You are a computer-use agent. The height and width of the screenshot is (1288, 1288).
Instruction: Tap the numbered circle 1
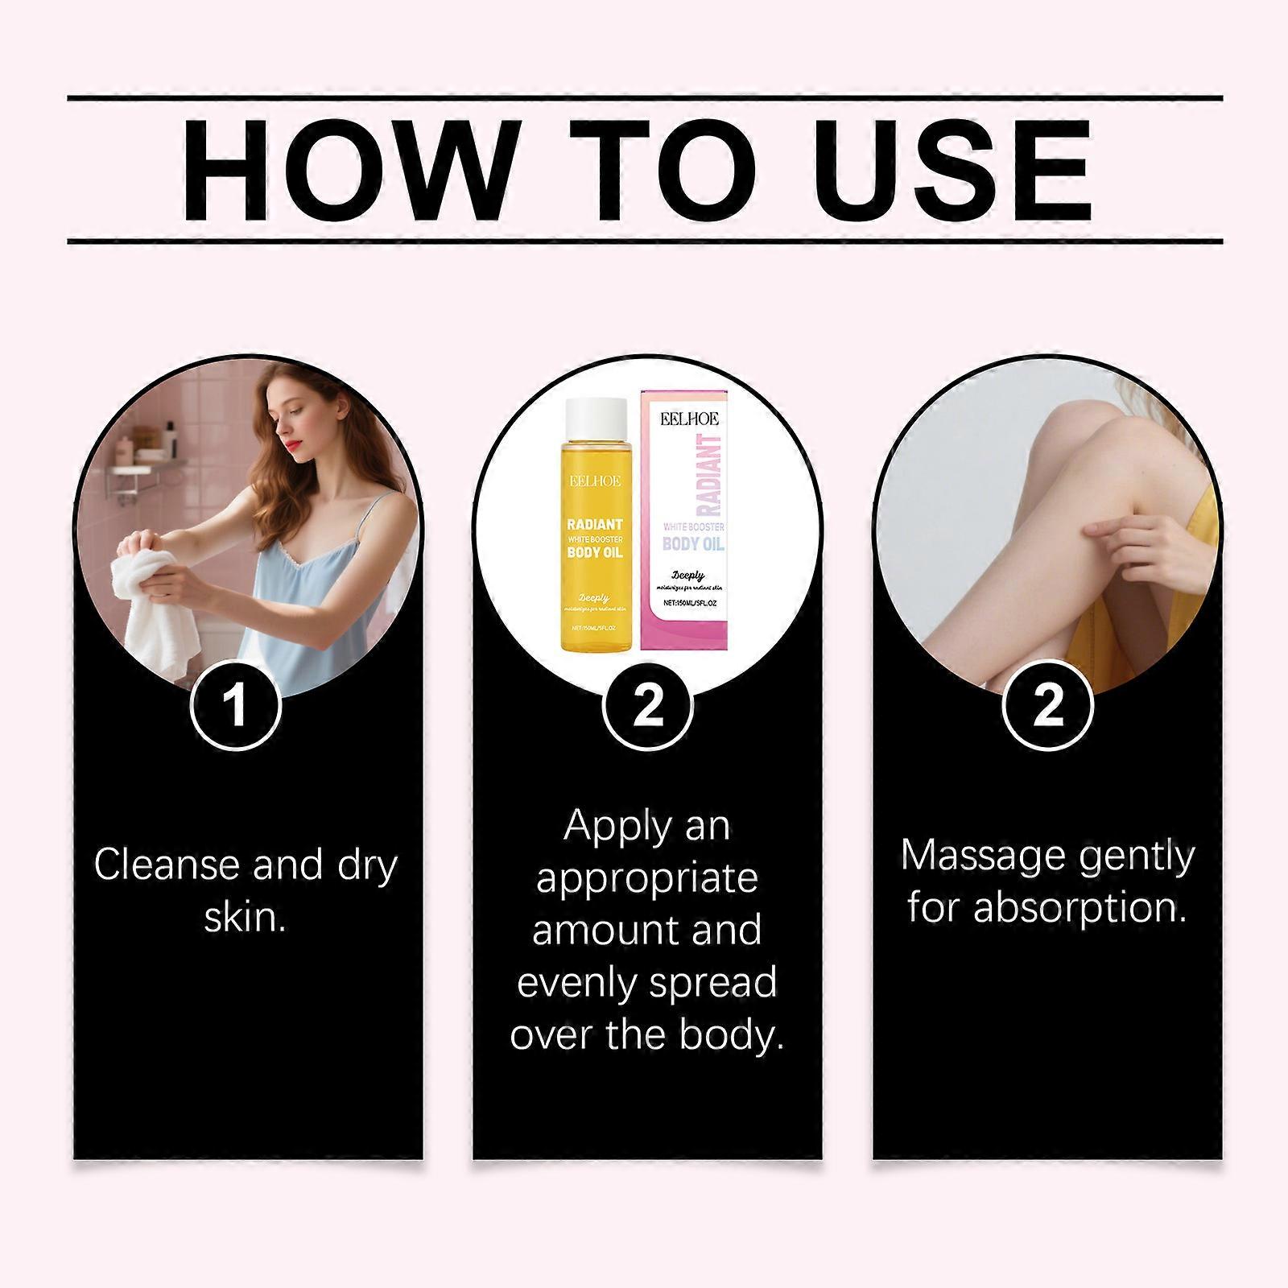(x=235, y=706)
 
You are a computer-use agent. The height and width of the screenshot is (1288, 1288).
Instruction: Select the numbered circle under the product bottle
(x=647, y=706)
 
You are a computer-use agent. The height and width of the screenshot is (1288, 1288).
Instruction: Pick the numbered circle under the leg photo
(x=1048, y=706)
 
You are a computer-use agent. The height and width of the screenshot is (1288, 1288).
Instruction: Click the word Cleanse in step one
(x=167, y=866)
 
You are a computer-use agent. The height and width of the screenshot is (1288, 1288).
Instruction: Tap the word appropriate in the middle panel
(x=647, y=879)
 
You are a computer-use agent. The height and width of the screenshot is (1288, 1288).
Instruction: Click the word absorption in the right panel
(x=1080, y=909)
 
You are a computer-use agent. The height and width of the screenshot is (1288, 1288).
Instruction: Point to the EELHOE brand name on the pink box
(x=690, y=419)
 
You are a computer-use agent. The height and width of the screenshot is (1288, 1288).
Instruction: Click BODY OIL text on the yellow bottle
(x=595, y=552)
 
